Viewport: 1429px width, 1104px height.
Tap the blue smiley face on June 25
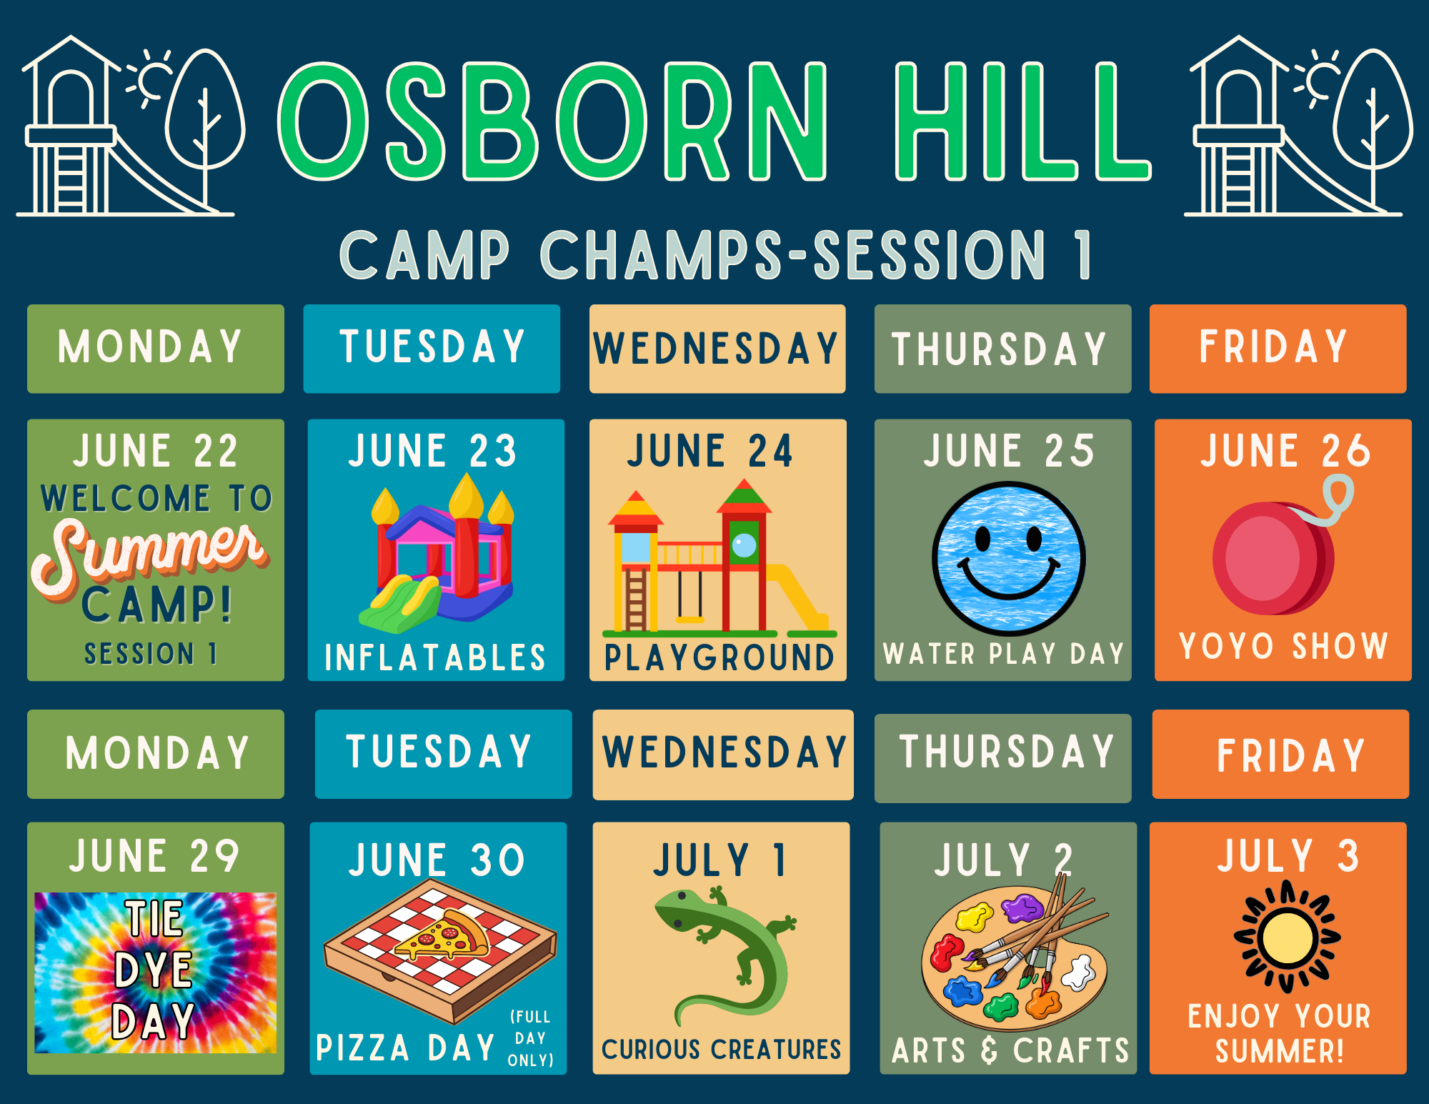tap(1009, 559)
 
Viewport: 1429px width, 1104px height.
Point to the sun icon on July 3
tap(1287, 937)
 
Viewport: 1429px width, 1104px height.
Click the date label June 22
tap(155, 451)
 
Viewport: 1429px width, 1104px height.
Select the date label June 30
tap(437, 860)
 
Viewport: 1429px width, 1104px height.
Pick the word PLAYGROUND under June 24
tap(719, 657)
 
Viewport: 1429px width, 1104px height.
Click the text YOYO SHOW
tap(1283, 646)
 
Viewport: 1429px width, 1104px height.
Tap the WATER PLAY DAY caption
tap(1003, 654)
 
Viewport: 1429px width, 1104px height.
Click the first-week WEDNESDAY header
tap(717, 349)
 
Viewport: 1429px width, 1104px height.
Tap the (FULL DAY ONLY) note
tap(530, 1038)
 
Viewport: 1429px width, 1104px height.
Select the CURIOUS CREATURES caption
tap(721, 1049)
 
